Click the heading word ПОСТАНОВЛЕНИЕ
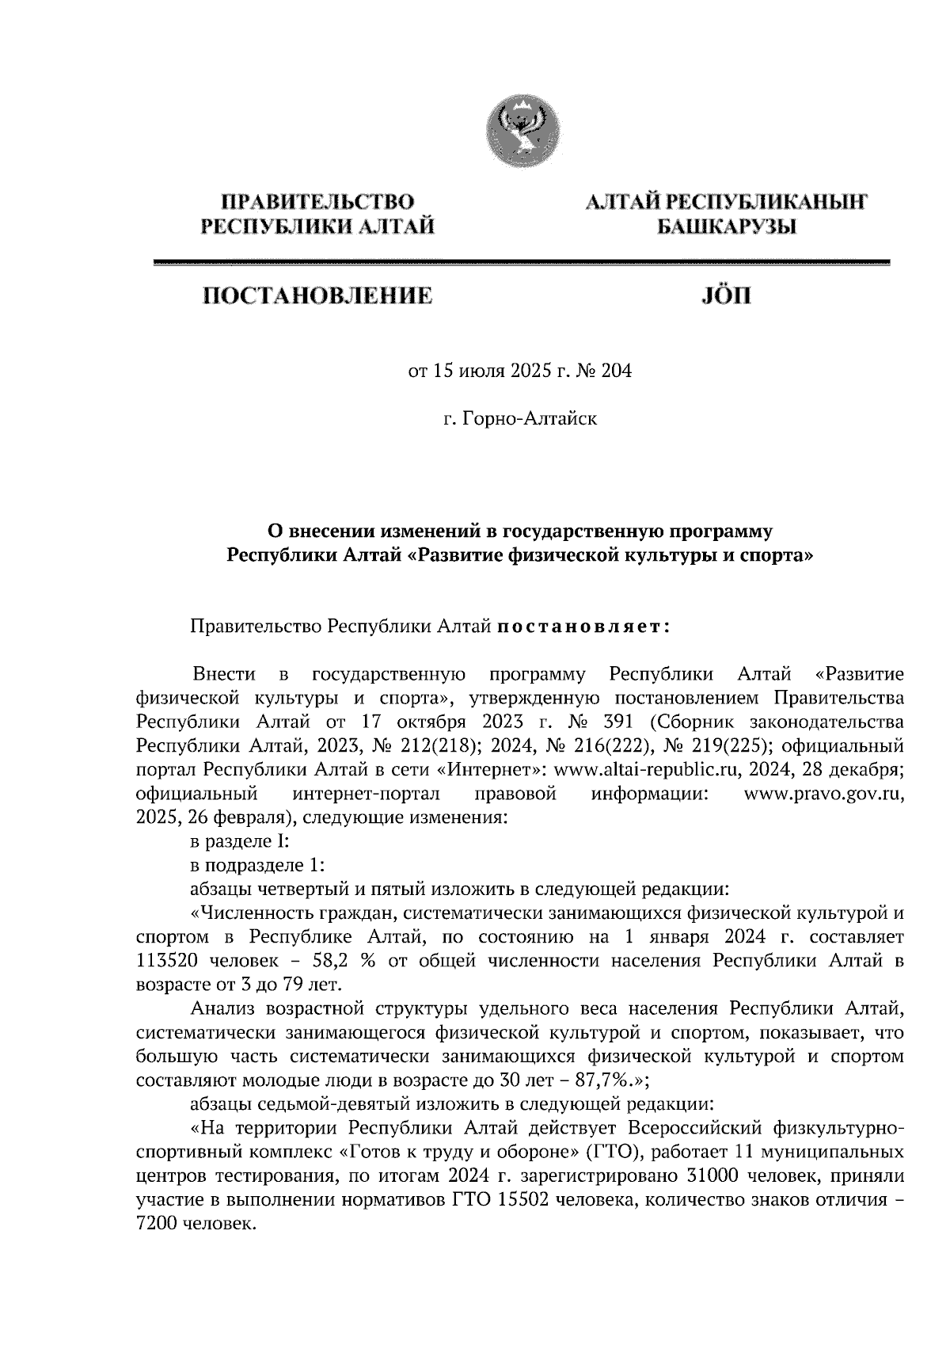[x=319, y=296]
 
